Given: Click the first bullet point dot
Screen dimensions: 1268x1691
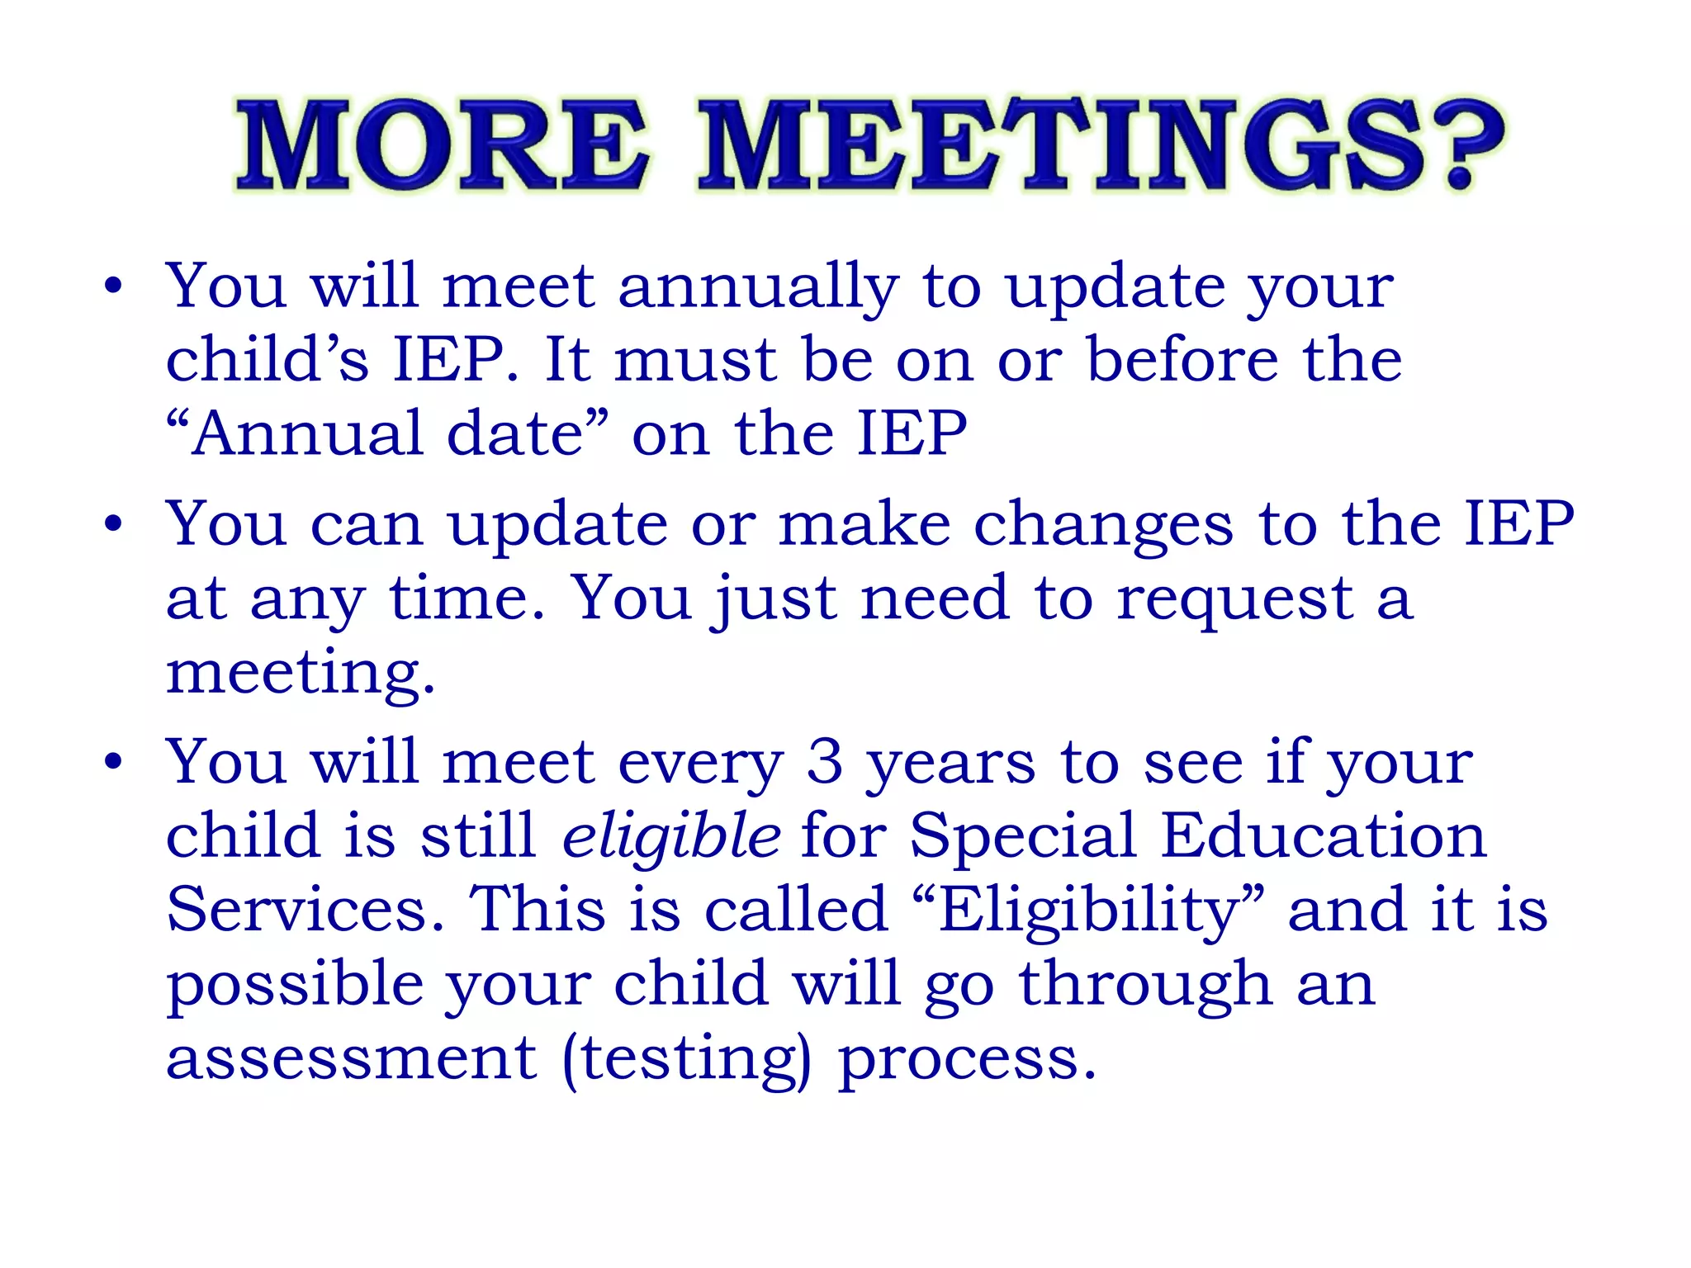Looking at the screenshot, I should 113,286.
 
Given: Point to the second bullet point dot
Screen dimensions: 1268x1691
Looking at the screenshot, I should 113,524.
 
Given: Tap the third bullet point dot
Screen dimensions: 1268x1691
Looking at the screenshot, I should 113,762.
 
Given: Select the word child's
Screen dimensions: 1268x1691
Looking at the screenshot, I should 267,360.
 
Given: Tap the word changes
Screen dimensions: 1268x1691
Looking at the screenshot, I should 1104,526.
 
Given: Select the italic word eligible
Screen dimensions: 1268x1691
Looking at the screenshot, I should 670,835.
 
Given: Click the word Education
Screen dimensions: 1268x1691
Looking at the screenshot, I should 1323,835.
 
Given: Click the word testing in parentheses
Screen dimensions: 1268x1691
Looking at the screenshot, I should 686,1059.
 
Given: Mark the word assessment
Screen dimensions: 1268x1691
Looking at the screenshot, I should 352,1059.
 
